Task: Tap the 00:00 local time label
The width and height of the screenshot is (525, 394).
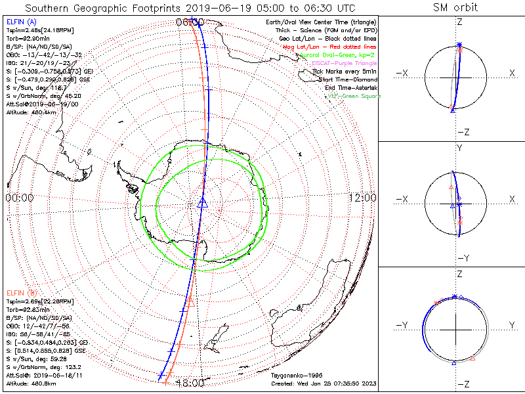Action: click(x=19, y=198)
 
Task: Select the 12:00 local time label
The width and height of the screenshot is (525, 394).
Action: click(x=363, y=198)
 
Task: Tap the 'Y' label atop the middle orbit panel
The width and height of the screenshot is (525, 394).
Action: click(x=459, y=148)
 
